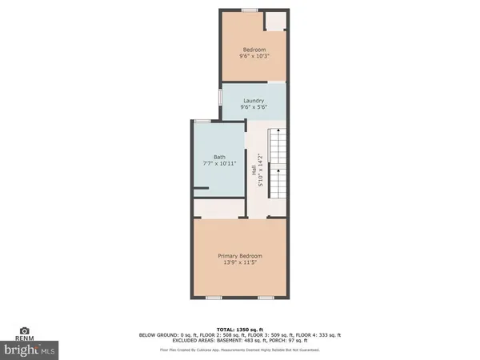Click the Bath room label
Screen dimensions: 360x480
219,157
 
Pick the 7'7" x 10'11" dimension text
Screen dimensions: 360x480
219,164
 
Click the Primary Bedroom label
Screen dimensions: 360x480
239,256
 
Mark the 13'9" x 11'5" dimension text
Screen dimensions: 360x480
239,263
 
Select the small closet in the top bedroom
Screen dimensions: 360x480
275,22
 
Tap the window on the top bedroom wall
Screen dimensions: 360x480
250,10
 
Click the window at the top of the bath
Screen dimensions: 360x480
202,120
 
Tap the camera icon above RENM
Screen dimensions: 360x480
25,330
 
